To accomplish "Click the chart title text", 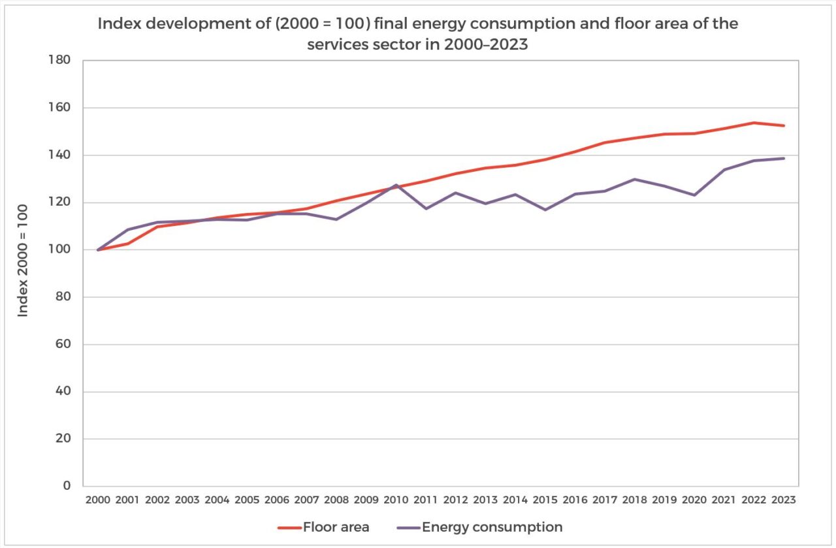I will click(418, 33).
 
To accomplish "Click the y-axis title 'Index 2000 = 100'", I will click(24, 261).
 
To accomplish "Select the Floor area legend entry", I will click(323, 527).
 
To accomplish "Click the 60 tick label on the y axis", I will click(64, 345).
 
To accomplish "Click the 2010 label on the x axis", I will click(396, 500).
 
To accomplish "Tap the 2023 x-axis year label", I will click(784, 500).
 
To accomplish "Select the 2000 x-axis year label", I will click(98, 500).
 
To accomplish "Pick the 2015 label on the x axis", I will click(545, 500).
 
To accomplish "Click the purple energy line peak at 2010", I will click(396, 185).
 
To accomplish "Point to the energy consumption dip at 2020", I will click(694, 195).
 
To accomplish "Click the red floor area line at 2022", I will click(754, 123).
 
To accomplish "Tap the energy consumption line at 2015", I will click(545, 210).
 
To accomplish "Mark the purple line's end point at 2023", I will click(784, 158).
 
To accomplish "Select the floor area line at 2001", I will click(128, 244).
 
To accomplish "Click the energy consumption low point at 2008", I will click(336, 219).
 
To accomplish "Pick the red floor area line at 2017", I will click(605, 142).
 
